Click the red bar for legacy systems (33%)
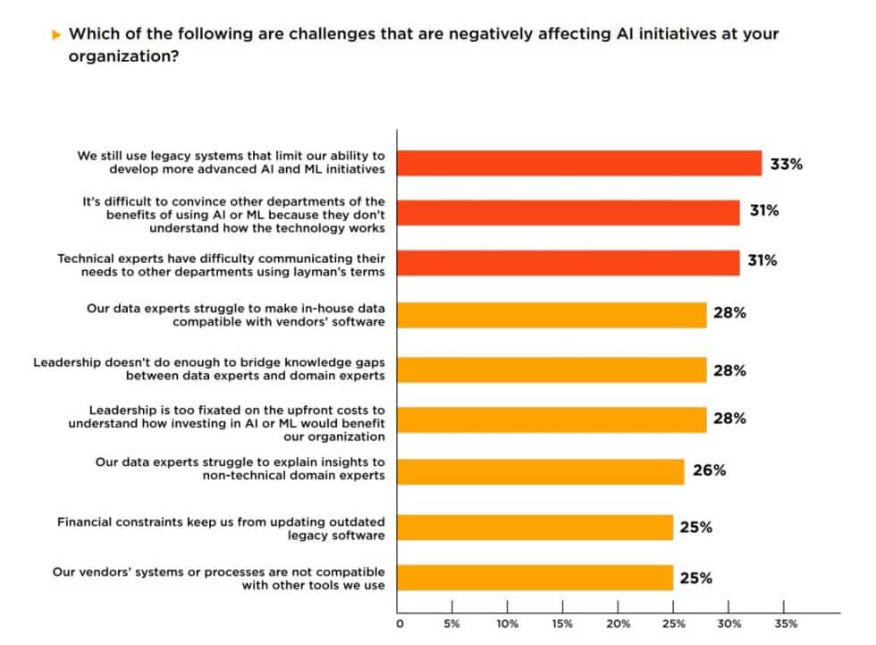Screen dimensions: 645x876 pos(579,163)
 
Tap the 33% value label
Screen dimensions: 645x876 pos(787,164)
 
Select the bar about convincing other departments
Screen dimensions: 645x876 pos(569,212)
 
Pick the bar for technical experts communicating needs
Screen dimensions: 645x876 pos(569,262)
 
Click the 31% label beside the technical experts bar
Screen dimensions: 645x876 pos(762,260)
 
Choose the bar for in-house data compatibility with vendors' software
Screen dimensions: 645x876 pos(552,315)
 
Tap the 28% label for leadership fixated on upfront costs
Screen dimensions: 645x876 pos(729,418)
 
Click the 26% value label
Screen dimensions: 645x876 pos(709,470)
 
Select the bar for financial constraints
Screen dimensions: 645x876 pos(535,528)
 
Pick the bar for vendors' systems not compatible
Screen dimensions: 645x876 pos(535,578)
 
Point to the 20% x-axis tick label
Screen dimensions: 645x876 pos(618,623)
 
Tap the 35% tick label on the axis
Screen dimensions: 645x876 pos(785,623)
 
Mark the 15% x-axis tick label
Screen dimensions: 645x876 pos(562,623)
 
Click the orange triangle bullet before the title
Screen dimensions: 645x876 pos(56,34)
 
